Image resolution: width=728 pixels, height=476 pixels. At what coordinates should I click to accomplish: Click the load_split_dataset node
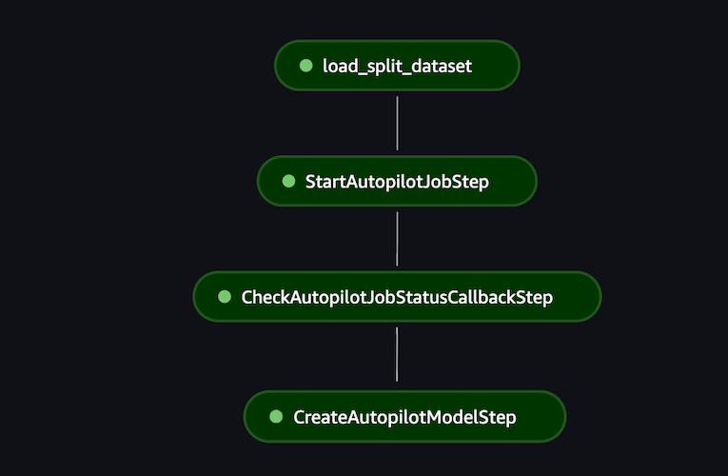coord(397,66)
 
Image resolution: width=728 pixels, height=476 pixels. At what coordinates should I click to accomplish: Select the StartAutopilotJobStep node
coord(397,181)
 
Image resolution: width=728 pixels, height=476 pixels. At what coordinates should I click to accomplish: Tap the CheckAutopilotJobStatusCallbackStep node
coord(397,297)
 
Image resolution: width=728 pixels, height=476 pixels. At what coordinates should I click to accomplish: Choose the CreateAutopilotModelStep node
coord(404,417)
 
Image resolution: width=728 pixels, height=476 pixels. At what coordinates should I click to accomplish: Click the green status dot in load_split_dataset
coord(305,66)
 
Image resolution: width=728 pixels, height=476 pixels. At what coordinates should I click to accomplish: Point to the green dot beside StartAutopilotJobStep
coord(288,181)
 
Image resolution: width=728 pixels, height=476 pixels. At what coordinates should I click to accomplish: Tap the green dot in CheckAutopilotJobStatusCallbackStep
coord(225,297)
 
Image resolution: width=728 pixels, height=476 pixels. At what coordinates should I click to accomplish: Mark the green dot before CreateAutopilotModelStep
coord(276,417)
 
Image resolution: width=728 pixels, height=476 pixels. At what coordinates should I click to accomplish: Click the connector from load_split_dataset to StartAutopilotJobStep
coord(397,123)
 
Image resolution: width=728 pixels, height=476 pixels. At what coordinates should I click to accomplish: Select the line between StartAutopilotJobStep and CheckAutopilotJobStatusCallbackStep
coord(397,238)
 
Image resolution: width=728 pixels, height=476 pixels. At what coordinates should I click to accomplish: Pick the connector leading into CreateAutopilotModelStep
coord(397,354)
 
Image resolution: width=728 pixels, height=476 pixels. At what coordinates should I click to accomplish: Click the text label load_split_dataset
coord(397,67)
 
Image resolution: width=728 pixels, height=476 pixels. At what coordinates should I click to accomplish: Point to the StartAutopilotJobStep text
coord(397,182)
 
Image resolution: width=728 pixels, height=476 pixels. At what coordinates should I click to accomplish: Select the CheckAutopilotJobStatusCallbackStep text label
coord(397,298)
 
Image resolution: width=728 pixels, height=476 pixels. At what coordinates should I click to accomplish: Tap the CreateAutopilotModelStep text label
coord(404,418)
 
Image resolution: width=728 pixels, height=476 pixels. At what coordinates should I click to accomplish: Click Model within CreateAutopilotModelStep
coord(456,418)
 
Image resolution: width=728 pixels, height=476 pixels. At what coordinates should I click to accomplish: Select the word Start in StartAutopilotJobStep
coord(325,182)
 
